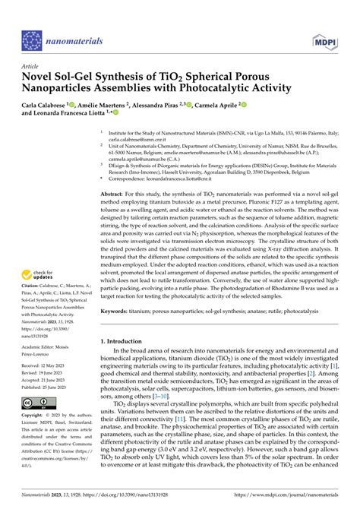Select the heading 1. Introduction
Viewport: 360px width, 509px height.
tap(125, 342)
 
